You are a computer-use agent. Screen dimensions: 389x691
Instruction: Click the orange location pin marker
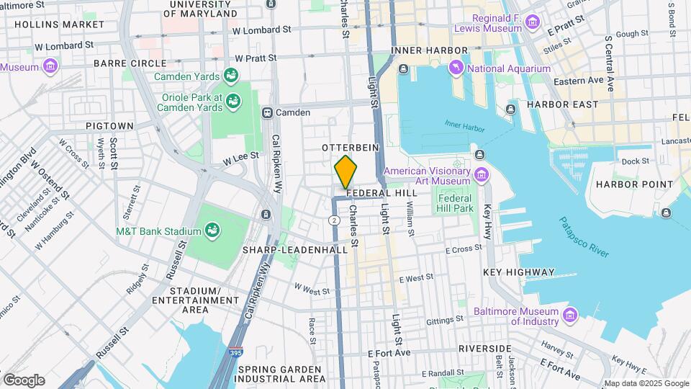tap(346, 172)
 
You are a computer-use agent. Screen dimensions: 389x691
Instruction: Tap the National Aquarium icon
tap(456, 68)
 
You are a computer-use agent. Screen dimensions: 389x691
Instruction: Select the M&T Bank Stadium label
tap(159, 231)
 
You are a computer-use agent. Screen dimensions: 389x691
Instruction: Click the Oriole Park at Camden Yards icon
tap(232, 102)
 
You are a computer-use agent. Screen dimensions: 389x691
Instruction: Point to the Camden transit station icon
tap(267, 112)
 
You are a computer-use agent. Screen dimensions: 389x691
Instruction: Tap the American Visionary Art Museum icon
tap(481, 173)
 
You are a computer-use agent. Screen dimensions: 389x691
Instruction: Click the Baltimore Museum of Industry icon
tap(570, 314)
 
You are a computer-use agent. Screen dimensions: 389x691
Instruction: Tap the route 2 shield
tap(335, 219)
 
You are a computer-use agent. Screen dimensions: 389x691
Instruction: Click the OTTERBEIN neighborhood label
tap(345, 146)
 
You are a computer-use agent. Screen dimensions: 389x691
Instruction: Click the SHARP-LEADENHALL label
tap(300, 249)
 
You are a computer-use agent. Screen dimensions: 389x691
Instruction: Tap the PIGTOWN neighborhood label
tap(109, 125)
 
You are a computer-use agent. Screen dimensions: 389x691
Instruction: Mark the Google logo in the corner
tap(23, 380)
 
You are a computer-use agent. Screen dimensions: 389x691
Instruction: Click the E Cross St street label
tap(463, 249)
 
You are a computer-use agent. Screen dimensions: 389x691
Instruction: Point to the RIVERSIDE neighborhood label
tap(485, 348)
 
